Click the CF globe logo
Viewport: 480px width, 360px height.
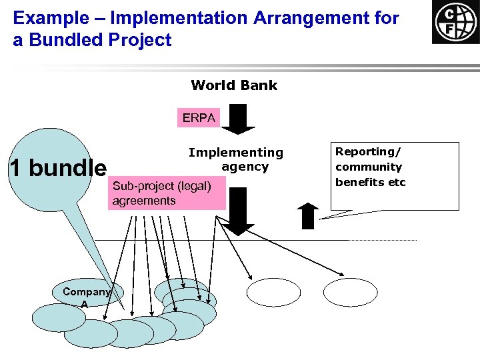(x=455, y=22)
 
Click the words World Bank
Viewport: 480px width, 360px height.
(x=233, y=85)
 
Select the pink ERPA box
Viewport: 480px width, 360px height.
(x=199, y=118)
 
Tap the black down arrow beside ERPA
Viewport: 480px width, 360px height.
(x=237, y=119)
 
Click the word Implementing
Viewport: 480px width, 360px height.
(x=235, y=153)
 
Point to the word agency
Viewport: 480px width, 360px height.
(x=245, y=167)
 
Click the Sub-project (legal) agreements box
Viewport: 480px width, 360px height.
(x=166, y=193)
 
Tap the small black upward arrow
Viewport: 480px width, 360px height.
(x=308, y=215)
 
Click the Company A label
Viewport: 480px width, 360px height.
(x=86, y=297)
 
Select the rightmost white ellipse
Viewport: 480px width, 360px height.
(x=350, y=292)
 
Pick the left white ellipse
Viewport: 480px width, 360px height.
(x=273, y=292)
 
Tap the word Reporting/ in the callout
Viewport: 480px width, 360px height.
(x=368, y=151)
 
